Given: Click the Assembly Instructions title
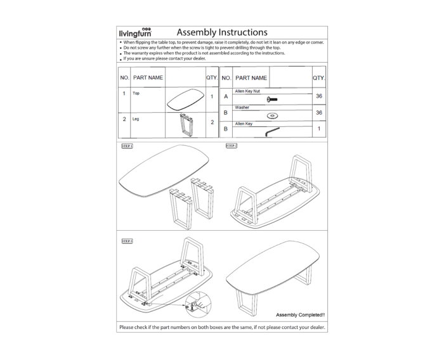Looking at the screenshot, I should coord(221,32).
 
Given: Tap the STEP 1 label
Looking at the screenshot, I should coord(126,146).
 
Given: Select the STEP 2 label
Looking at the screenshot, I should coord(232,146).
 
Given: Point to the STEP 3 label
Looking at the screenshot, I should coord(126,241).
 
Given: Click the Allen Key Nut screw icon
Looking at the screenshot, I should coord(273,98).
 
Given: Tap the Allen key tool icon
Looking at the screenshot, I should coord(273,131).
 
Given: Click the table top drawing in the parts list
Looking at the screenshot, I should coord(185,98).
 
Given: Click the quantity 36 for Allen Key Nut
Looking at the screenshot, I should coord(319,96).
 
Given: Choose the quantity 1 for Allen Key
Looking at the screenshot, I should coord(319,129).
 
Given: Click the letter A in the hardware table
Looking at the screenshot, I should coord(226,96).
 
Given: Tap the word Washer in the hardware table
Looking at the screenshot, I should coord(242,108).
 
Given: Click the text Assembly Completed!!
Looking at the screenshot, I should coord(301,314).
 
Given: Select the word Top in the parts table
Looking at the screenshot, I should coord(136,93).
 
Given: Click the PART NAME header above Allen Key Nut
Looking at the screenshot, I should coord(251,78).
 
